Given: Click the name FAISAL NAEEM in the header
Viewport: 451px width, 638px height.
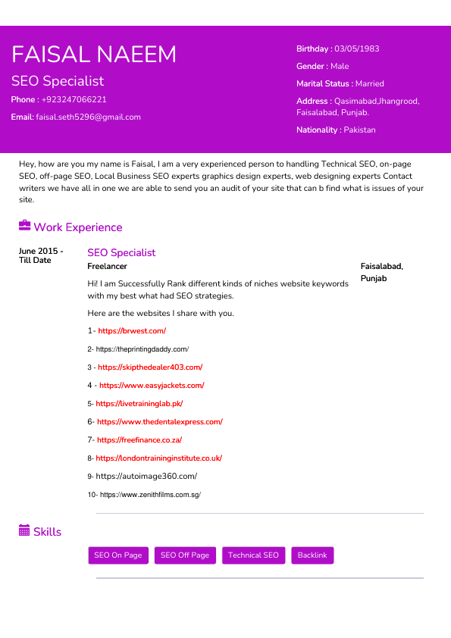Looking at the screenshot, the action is [94, 55].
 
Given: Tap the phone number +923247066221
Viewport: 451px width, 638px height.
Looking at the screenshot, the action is [74, 99].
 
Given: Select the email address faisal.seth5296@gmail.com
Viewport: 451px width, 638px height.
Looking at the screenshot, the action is [88, 117].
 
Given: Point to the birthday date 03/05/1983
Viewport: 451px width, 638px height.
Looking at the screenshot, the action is [356, 48].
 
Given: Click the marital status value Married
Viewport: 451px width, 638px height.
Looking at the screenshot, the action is [369, 83].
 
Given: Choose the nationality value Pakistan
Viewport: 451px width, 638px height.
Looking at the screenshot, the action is [359, 130].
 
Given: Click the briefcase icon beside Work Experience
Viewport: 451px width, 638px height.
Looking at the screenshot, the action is [24, 226].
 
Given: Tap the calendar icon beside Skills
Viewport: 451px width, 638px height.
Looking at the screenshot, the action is [24, 531].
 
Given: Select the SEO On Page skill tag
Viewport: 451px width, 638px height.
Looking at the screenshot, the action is [117, 555].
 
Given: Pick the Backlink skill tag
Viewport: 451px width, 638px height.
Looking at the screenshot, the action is [312, 555].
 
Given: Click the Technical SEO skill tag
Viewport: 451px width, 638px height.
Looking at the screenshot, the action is [253, 555].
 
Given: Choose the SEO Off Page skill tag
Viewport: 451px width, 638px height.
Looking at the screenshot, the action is [184, 555].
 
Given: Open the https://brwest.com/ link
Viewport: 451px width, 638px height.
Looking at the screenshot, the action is [132, 330].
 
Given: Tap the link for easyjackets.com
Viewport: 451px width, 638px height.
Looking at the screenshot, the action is [152, 385].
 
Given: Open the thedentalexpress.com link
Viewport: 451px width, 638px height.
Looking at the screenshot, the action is [159, 421].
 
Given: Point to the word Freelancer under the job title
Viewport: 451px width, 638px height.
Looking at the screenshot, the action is [107, 266].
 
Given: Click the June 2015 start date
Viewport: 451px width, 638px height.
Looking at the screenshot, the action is [40, 251].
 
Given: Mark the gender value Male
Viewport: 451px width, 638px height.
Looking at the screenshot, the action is [340, 66].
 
